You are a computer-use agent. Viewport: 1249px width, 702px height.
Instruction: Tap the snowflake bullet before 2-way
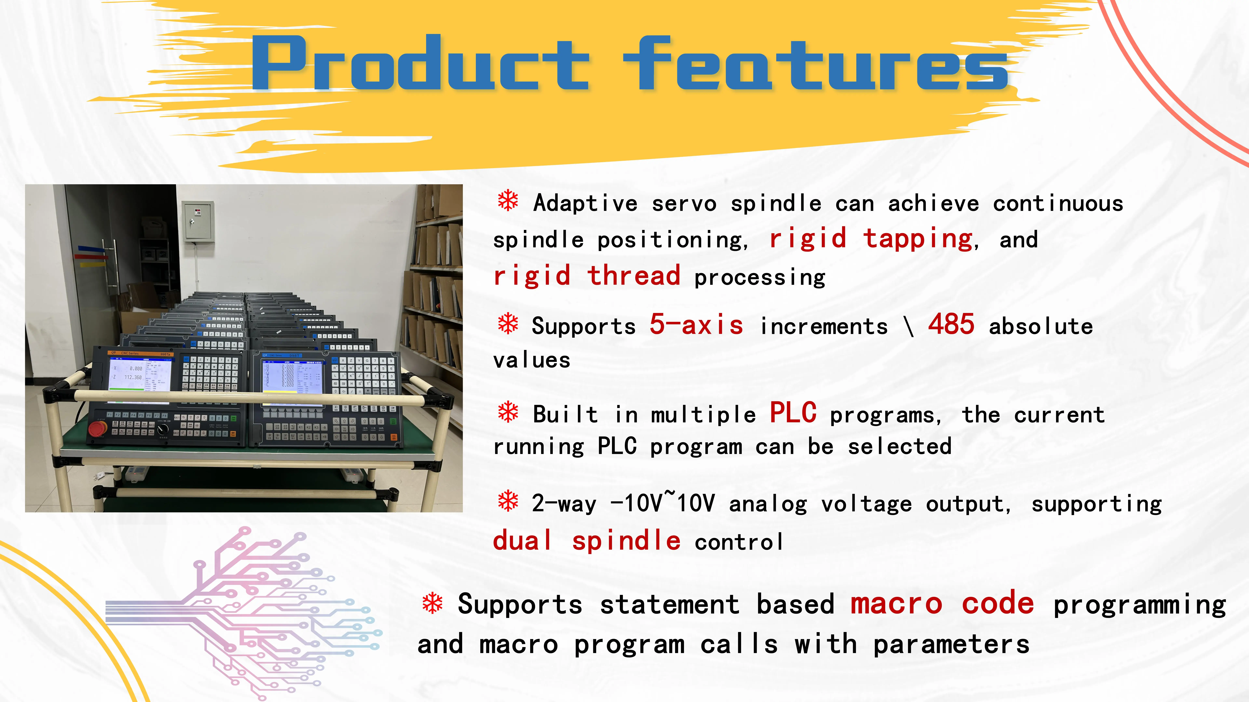coord(508,501)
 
